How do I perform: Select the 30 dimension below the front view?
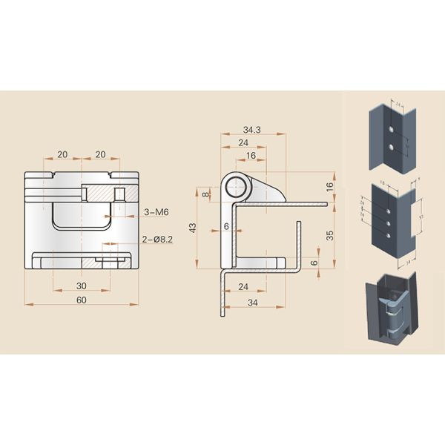[82, 285]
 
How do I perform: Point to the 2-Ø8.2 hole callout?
[157, 239]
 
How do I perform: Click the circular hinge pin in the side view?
[237, 185]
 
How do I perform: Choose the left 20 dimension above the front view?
[63, 154]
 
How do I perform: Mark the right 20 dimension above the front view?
[100, 154]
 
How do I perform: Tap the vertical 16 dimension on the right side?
[329, 185]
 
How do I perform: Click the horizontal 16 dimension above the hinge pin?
[250, 156]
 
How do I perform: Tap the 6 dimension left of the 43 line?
[226, 225]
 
